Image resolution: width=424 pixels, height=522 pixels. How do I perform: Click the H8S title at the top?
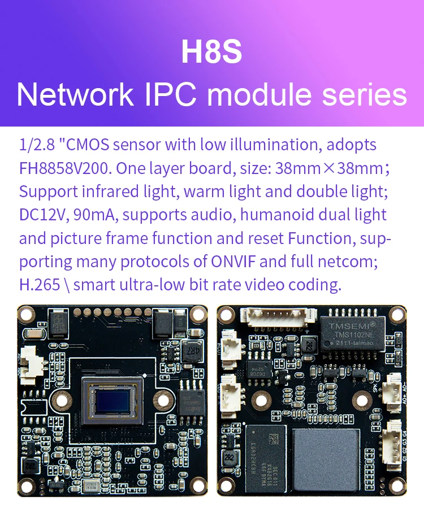click(x=211, y=51)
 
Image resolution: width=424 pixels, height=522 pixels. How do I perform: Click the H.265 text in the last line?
click(x=40, y=285)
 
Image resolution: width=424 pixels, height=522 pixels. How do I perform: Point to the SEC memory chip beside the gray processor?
click(x=266, y=452)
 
